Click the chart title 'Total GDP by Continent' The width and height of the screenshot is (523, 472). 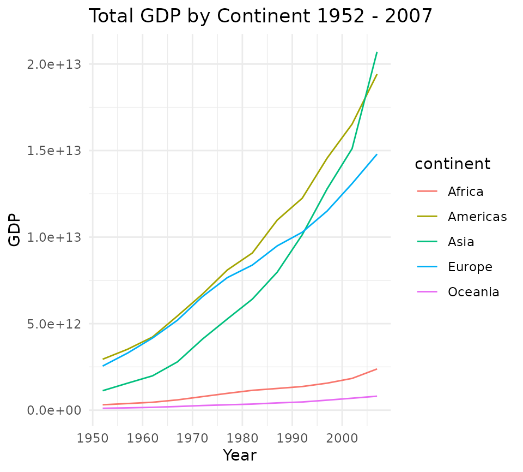coord(260,16)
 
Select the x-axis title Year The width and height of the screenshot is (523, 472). coord(239,455)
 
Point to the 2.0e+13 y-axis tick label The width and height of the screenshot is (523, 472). coord(54,64)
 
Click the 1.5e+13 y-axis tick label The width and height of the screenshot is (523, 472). coord(54,151)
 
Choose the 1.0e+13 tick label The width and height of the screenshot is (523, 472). coord(54,237)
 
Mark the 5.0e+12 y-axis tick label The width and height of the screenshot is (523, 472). coord(54,324)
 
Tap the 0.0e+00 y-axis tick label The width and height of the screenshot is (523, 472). coord(54,410)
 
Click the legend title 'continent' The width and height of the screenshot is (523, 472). coord(452,164)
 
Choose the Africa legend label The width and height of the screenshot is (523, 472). coord(466,192)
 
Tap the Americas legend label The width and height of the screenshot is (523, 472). coord(477,217)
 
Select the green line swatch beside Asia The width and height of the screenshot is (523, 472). coord(428,242)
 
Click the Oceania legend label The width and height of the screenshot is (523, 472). coord(473,292)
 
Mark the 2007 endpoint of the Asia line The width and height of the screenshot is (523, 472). coord(377,52)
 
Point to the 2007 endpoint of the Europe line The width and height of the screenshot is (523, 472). coord(377,154)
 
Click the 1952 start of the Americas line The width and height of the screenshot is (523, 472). coord(102,359)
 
